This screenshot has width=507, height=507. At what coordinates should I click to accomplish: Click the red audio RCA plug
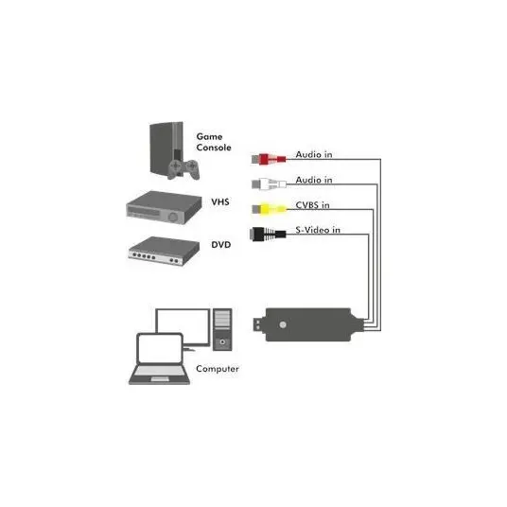pyautogui.click(x=269, y=159)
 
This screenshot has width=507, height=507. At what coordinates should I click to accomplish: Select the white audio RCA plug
pyautogui.click(x=269, y=184)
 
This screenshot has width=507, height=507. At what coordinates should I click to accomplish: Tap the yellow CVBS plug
pyautogui.click(x=269, y=209)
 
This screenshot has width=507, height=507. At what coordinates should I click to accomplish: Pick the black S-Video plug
pyautogui.click(x=268, y=234)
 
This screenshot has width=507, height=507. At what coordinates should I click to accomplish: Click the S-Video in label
pyautogui.click(x=318, y=230)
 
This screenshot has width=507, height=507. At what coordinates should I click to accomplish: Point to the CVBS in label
pyautogui.click(x=313, y=205)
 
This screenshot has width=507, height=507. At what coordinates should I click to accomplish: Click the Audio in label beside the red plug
pyautogui.click(x=314, y=154)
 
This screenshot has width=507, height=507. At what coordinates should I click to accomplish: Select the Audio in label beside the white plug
pyautogui.click(x=314, y=180)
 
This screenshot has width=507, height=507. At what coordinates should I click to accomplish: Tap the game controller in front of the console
pyautogui.click(x=184, y=169)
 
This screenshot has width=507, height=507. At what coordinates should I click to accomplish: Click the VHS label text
pyautogui.click(x=220, y=202)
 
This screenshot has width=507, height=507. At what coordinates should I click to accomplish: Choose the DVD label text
pyautogui.click(x=221, y=245)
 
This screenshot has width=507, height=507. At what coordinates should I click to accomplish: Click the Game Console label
pyautogui.click(x=214, y=142)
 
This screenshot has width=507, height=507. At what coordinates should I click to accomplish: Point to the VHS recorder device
pyautogui.click(x=164, y=207)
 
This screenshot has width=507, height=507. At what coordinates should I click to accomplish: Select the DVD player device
pyautogui.click(x=164, y=252)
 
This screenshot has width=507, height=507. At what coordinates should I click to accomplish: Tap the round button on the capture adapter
pyautogui.click(x=283, y=324)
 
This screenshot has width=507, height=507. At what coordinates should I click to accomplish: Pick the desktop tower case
pyautogui.click(x=222, y=330)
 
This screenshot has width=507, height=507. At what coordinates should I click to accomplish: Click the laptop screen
pyautogui.click(x=160, y=349)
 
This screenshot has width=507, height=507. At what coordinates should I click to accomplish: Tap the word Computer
pyautogui.click(x=218, y=369)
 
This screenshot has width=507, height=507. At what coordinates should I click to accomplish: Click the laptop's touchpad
pyautogui.click(x=160, y=379)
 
